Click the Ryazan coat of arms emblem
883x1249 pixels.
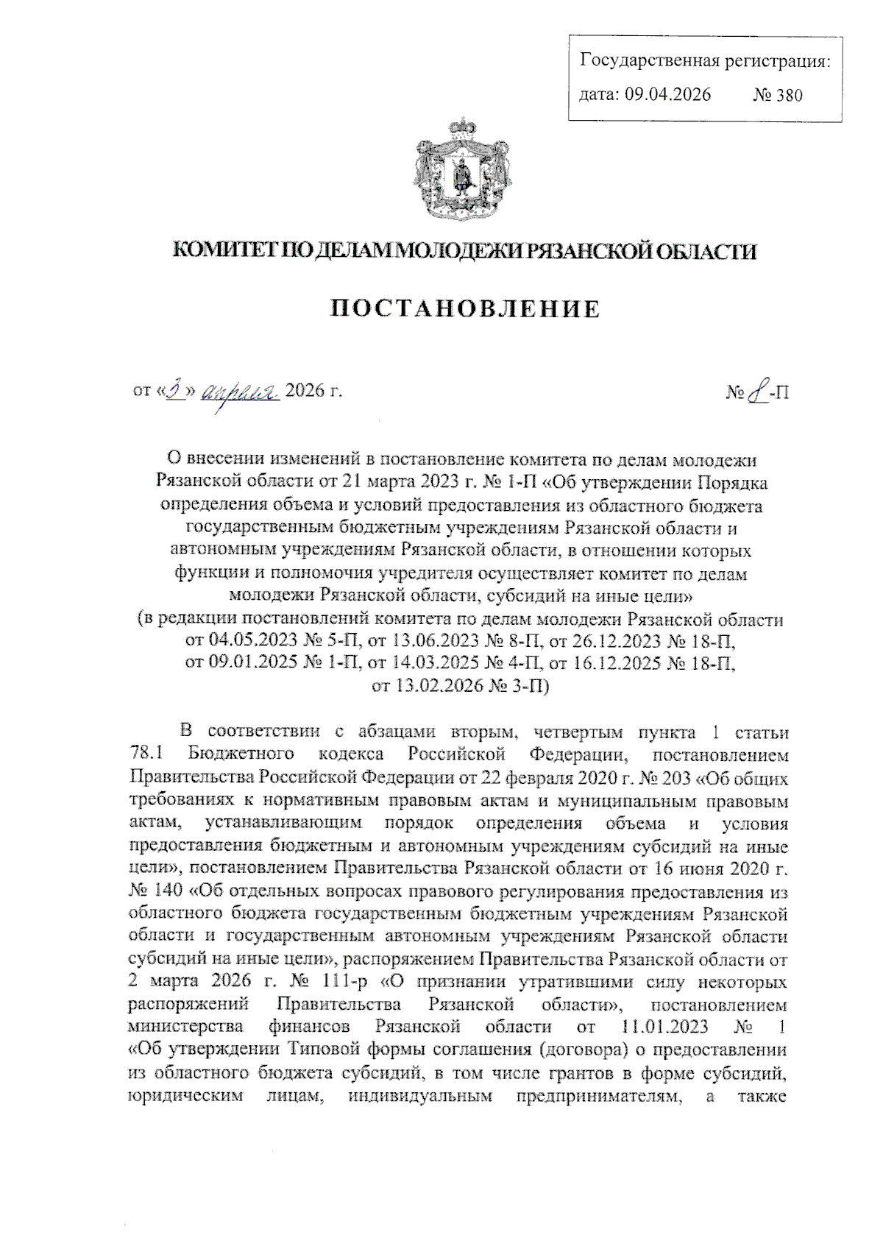point(463,168)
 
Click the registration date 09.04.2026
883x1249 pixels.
point(667,94)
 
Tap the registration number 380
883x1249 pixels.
point(788,95)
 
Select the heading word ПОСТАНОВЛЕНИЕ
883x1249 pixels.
point(464,309)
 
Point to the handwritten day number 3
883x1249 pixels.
point(174,390)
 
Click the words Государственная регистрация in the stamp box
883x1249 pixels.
point(705,60)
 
